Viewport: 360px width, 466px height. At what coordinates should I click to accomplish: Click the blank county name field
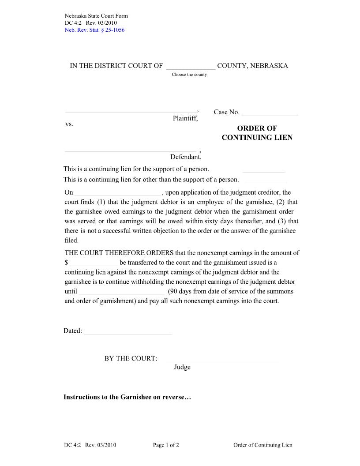(191, 66)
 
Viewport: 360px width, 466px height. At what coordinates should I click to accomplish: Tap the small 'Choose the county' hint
(189, 75)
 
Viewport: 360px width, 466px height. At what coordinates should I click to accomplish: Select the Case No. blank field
(270, 112)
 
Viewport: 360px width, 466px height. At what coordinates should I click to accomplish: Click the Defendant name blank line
(131, 149)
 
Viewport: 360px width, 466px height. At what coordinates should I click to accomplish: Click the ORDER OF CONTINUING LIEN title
(257, 133)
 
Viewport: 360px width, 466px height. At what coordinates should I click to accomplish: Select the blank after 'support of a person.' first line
(263, 169)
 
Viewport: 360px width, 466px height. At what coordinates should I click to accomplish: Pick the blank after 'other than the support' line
(265, 180)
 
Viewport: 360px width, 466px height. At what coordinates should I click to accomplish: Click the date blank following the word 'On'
(118, 193)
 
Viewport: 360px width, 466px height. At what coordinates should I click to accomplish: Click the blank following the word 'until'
(122, 292)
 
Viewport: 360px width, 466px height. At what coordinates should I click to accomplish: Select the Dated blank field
(128, 331)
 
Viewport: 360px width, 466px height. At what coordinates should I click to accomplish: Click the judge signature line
(222, 359)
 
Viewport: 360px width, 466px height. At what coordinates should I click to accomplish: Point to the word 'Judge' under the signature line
(182, 367)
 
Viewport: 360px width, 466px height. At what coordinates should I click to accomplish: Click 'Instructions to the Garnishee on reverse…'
(127, 397)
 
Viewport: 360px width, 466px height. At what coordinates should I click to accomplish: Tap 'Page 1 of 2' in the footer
(166, 445)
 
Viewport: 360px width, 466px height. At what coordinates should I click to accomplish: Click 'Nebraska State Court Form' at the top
(96, 16)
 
